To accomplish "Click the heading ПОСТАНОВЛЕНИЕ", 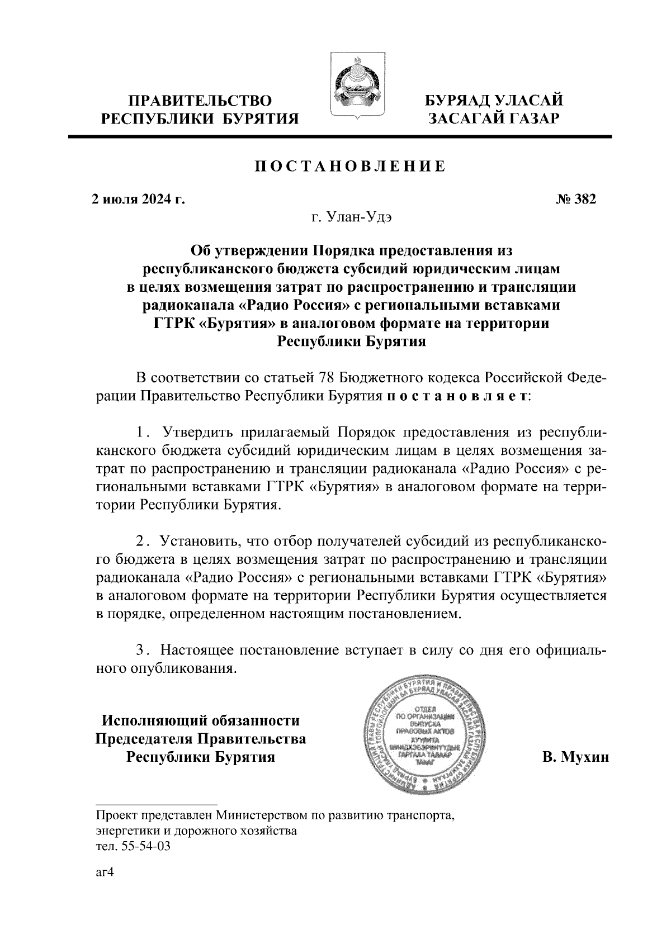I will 351,166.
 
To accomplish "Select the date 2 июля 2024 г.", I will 138,199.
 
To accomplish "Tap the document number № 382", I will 577,199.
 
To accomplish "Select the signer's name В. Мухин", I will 575,757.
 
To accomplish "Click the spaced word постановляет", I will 456,396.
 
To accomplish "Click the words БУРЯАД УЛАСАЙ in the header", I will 494,101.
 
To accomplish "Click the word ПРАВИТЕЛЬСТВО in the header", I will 201,101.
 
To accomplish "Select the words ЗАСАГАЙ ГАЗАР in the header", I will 494,118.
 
